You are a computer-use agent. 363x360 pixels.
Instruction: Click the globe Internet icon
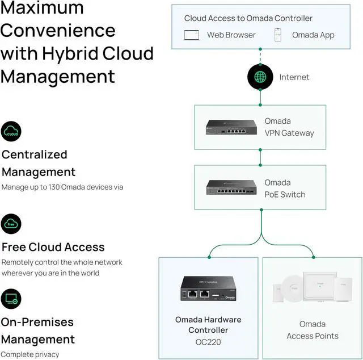pos(260,77)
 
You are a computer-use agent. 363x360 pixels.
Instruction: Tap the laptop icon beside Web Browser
pos(191,35)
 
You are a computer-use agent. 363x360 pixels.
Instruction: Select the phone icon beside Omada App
pos(278,35)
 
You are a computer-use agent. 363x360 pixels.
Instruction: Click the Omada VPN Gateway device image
pos(230,128)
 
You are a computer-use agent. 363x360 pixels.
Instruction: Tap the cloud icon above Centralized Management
pos(11,132)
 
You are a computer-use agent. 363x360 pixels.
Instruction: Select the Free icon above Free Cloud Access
pos(11,224)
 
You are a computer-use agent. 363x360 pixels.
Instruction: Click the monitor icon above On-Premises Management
pos(11,299)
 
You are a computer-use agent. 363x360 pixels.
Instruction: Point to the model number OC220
pos(208,342)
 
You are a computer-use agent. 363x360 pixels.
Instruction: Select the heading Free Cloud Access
pos(53,247)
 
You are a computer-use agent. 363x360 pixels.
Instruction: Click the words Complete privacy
pos(30,354)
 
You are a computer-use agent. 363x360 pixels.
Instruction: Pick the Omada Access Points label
pos(312,330)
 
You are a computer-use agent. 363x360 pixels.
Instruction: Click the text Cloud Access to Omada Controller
pos(248,18)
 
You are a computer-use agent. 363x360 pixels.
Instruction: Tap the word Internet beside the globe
pos(294,77)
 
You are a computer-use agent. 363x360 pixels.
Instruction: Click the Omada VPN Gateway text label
pos(289,127)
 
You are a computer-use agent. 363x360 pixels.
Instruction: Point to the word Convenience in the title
pos(58,31)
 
